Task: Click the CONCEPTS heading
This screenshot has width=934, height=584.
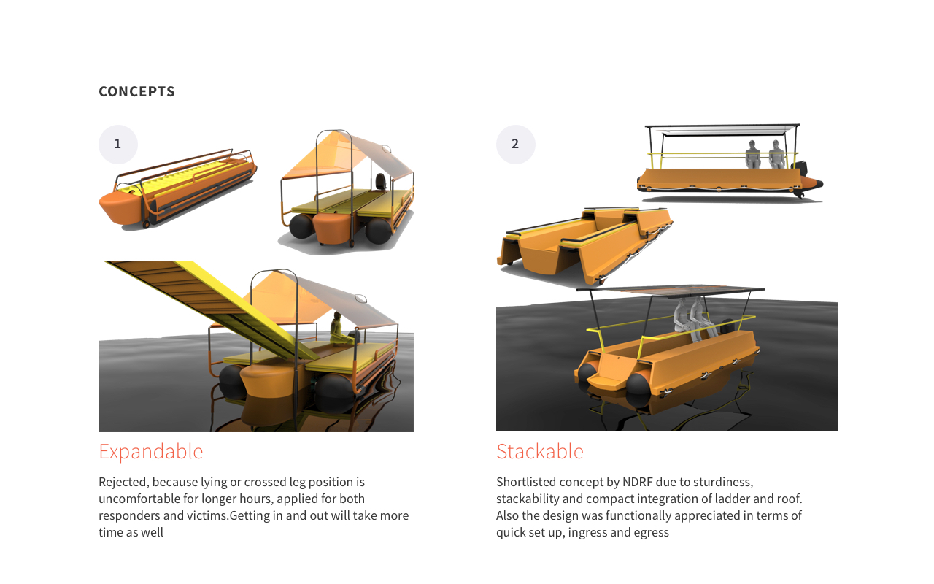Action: click(136, 91)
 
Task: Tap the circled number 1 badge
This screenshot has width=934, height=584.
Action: click(117, 144)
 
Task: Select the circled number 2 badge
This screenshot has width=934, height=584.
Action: click(515, 144)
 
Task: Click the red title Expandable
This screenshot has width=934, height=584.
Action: click(150, 451)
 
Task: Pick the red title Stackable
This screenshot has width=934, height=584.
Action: click(539, 451)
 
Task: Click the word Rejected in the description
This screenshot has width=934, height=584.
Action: click(123, 482)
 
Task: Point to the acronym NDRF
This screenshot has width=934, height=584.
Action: click(639, 482)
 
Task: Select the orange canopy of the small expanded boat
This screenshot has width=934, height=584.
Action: click(314, 157)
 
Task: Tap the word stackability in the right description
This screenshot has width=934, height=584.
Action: click(530, 499)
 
